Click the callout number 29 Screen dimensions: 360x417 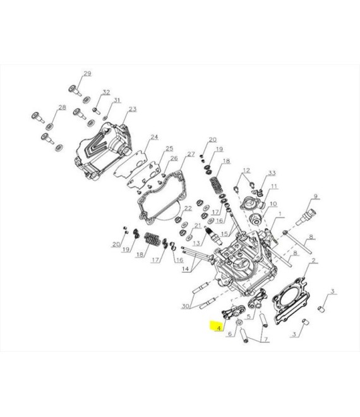pos(87,73)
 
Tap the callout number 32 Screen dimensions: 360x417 pos(106,92)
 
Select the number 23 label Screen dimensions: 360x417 pos(133,109)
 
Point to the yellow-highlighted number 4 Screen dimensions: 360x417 pos(219,328)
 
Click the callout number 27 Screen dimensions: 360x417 pos(191,154)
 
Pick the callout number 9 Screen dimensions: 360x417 pos(315,196)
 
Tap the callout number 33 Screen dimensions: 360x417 pos(272,173)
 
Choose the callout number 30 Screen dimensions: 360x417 pos(185,306)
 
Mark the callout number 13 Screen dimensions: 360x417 pos(196,243)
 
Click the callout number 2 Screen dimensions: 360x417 pos(314,260)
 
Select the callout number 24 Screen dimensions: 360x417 pos(154,137)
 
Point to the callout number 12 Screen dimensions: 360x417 pos(246,170)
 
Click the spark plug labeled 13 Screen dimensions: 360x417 pos(213,235)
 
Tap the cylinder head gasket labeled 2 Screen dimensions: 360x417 pos(291,300)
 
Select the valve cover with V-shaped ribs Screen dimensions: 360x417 pos(103,151)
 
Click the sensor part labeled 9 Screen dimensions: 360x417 pos(306,217)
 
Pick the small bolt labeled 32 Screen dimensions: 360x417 pos(96,111)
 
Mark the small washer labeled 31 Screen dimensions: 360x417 pos(105,118)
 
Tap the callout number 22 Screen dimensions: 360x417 pos(188,208)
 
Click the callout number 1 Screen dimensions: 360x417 pos(280,214)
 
